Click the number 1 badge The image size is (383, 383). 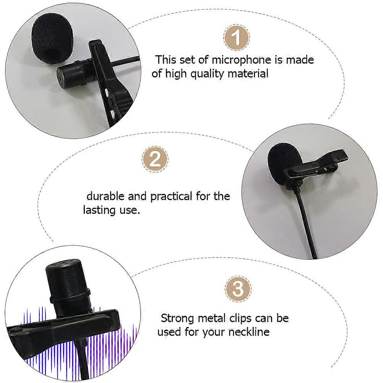[237, 37]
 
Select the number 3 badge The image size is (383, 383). [238, 289]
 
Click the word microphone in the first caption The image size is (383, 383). [241, 60]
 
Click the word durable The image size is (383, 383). [105, 196]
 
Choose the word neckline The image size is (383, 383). [249, 331]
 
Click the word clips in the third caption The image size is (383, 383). [243, 318]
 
